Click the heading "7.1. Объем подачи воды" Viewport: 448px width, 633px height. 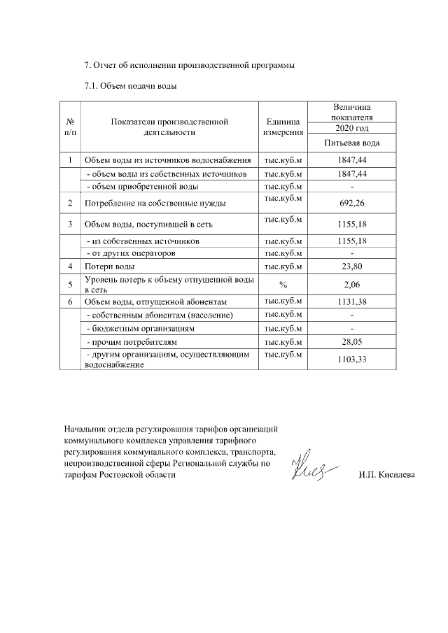130,87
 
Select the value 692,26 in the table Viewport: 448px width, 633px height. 352,204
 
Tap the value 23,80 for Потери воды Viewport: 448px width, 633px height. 352,266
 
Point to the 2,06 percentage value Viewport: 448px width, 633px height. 352,285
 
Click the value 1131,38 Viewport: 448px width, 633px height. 352,301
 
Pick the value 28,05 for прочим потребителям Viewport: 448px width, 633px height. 352,343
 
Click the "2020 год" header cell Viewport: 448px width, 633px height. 352,129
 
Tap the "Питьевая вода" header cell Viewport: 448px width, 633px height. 352,143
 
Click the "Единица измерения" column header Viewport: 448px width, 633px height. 283,126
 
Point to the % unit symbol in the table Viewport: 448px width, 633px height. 283,285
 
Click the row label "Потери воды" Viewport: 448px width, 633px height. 105,266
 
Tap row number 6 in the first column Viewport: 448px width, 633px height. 70,301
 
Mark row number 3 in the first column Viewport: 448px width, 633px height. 70,225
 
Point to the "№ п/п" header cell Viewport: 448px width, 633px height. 70,126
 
